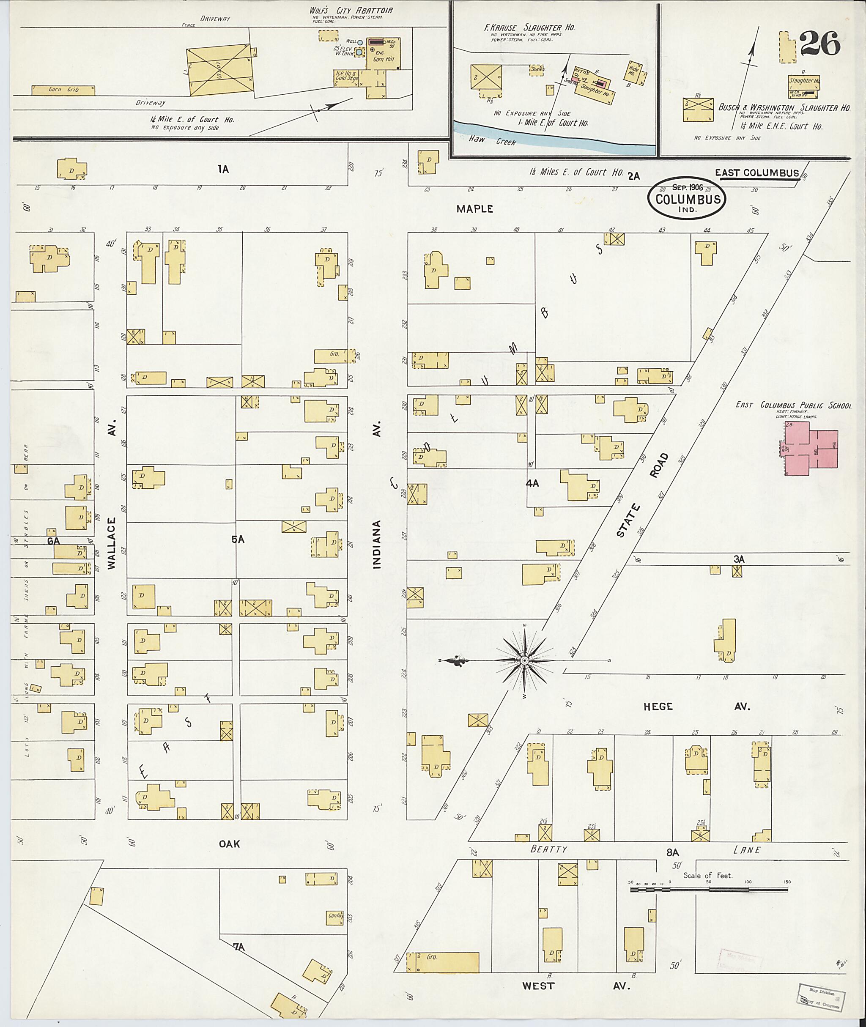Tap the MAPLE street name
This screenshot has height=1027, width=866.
pyautogui.click(x=474, y=208)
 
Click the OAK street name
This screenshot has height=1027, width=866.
pyautogui.click(x=229, y=844)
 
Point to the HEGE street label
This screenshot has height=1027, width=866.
pyautogui.click(x=658, y=707)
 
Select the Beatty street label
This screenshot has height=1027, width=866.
pyautogui.click(x=548, y=849)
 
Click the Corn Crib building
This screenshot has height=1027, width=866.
pyautogui.click(x=63, y=90)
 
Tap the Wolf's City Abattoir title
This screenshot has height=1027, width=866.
pyautogui.click(x=351, y=10)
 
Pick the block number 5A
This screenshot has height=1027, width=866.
pyautogui.click(x=238, y=540)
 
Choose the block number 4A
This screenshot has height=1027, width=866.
pyautogui.click(x=532, y=483)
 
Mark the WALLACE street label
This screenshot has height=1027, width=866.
pyautogui.click(x=112, y=543)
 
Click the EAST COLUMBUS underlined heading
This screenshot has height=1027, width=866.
pyautogui.click(x=756, y=173)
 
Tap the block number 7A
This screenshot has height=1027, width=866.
pyautogui.click(x=238, y=947)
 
